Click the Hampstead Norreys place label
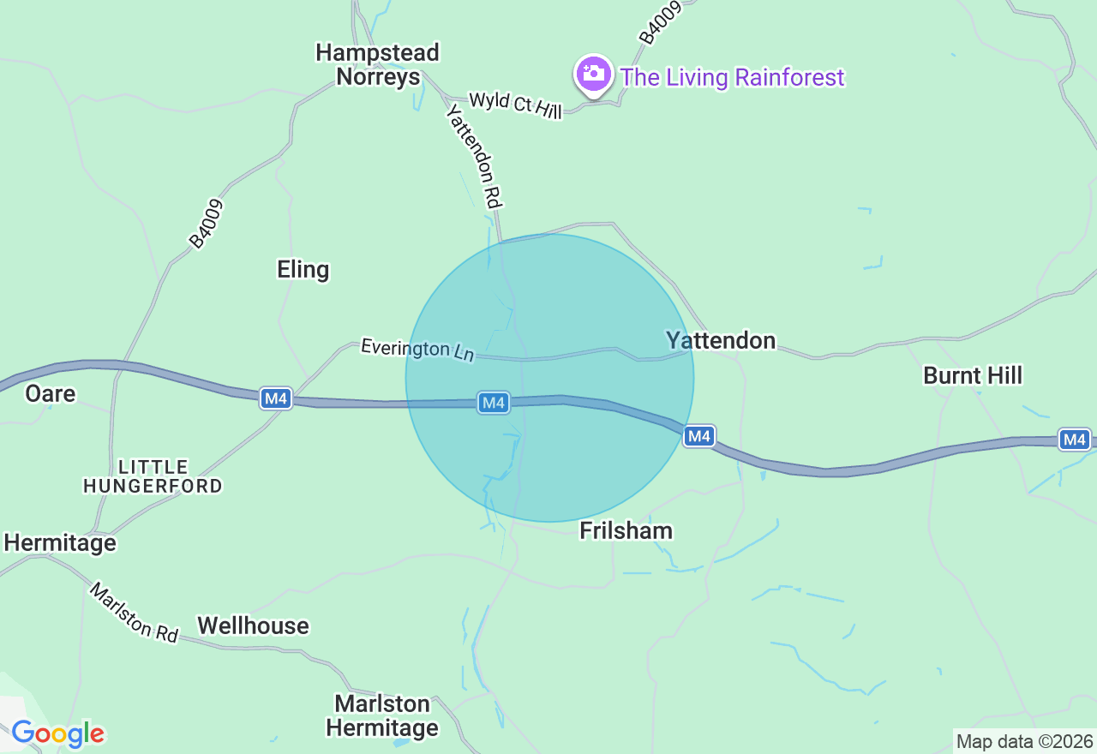tap(377, 64)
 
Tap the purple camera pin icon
tap(593, 75)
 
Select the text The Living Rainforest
tap(732, 77)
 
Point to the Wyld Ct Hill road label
tap(515, 105)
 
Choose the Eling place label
tap(303, 270)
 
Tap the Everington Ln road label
tap(417, 349)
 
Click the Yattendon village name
tap(721, 340)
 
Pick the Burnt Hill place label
tap(973, 375)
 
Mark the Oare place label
tap(51, 393)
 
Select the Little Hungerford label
tap(153, 476)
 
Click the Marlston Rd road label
tap(135, 613)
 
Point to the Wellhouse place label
tap(253, 625)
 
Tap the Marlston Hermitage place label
tap(382, 715)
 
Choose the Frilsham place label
tap(626, 530)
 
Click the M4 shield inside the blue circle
tap(493, 402)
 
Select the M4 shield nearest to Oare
tap(276, 398)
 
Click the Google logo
tap(57, 733)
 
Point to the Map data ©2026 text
tap(1024, 741)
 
